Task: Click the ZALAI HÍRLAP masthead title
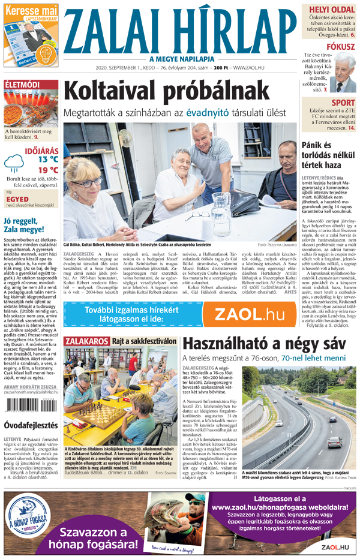point(179,31)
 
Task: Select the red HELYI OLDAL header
point(331,10)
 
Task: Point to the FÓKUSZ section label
point(340,46)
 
